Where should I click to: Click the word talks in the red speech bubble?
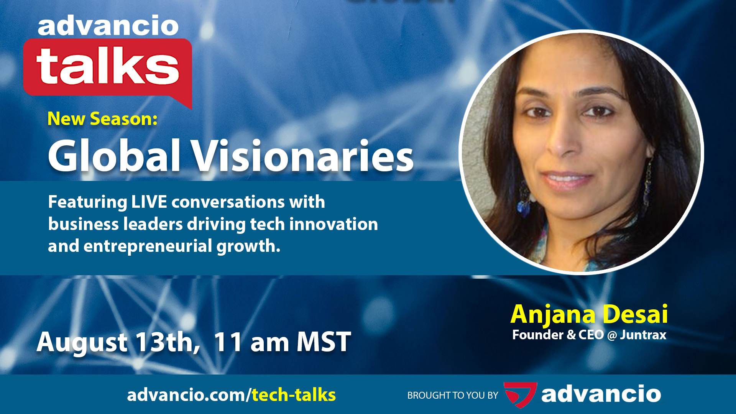[108, 66]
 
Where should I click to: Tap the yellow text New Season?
[102, 119]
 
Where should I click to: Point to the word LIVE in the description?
[149, 202]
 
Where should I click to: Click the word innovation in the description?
[333, 224]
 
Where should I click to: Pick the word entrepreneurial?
[148, 246]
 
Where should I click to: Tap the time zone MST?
[324, 342]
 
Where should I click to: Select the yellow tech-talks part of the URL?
[294, 395]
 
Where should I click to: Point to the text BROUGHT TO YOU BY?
[453, 395]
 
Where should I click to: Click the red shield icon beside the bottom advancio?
[520, 394]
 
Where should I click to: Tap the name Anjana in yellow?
[553, 314]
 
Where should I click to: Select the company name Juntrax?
[643, 335]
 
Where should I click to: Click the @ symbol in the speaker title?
[612, 335]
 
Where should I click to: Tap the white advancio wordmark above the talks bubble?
[108, 26]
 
